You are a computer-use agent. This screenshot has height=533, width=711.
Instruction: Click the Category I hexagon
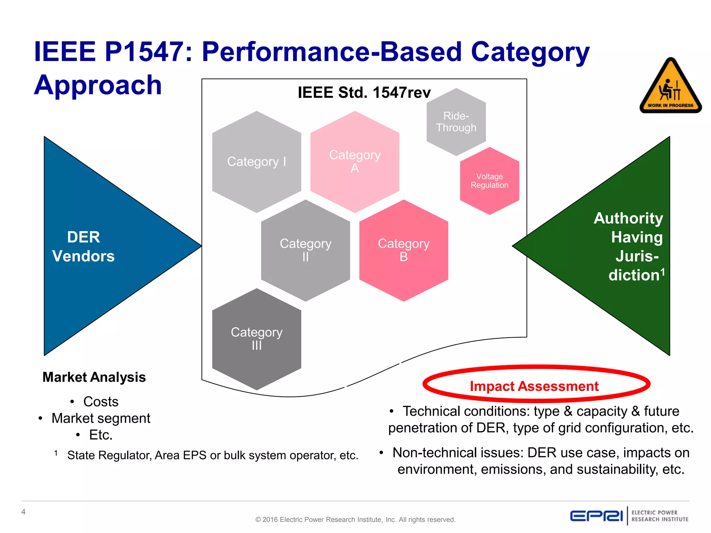[x=257, y=162]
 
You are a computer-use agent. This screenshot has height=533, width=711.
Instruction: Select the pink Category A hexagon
[x=354, y=162]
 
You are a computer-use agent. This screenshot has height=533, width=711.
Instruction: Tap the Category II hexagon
[x=306, y=250]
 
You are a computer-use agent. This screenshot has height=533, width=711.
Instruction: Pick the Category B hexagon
[x=403, y=250]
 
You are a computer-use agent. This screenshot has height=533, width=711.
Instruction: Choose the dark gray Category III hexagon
[x=257, y=339]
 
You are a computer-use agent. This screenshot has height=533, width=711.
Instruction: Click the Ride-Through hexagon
[x=456, y=122]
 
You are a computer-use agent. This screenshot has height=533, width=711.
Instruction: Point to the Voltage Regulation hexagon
[x=489, y=181]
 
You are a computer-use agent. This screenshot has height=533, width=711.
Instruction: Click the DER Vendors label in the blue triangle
[x=83, y=247]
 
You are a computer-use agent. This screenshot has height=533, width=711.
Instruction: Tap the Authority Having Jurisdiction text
[x=632, y=247]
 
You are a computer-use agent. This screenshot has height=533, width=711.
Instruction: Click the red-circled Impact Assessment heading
[x=534, y=386]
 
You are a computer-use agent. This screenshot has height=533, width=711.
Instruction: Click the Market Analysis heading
[x=94, y=377]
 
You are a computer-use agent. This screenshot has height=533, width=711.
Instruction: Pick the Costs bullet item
[x=101, y=402]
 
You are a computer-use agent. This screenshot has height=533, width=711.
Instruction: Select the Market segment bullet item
[x=101, y=418]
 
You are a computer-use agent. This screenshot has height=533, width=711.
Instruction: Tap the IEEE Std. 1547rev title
[x=364, y=93]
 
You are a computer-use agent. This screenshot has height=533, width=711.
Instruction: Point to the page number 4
[x=23, y=512]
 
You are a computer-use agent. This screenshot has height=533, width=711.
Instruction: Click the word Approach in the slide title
[x=98, y=85]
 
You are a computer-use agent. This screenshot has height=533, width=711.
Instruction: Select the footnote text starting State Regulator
[x=212, y=455]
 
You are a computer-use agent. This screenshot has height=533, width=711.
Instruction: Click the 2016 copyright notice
[x=355, y=519]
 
